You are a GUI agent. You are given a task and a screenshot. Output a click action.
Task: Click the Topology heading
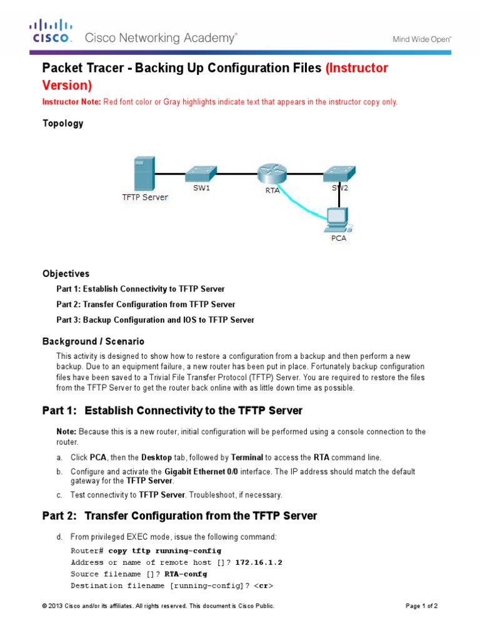(62, 124)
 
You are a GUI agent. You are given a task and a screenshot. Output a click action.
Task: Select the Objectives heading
(66, 273)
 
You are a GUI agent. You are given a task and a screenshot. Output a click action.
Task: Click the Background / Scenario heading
(93, 341)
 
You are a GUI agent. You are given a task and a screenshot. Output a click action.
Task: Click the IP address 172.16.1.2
(259, 562)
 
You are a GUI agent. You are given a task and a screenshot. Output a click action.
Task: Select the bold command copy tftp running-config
(164, 550)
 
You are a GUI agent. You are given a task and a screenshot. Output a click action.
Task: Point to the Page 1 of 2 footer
(426, 606)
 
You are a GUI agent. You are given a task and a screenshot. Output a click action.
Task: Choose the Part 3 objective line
(155, 319)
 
